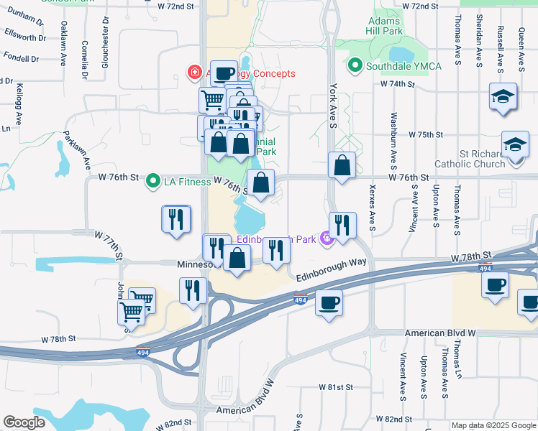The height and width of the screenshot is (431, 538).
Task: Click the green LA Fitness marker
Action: coord(152,181)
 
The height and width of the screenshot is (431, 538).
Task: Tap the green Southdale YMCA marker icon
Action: coord(354,67)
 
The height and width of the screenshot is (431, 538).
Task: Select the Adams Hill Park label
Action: coord(383,27)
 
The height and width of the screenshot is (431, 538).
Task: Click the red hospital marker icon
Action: coord(193,73)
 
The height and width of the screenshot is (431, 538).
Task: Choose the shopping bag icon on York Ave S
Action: coord(342,165)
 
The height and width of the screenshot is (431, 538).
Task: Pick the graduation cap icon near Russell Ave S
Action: coord(503,97)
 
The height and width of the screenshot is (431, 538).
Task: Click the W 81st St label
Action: coord(336,387)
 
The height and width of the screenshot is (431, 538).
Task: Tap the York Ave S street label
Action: coord(333,104)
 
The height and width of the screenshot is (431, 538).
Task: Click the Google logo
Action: coord(24,422)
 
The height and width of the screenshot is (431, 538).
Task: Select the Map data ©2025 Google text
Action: coord(493,425)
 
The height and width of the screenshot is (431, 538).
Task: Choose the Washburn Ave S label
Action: coord(393,137)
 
